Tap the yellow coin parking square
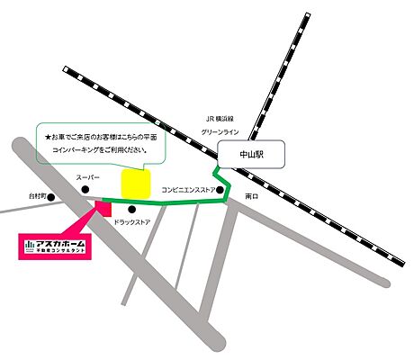[135, 183]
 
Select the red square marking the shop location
[102, 208]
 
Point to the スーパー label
[86, 178]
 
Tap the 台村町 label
[36, 196]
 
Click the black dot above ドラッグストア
[132, 210]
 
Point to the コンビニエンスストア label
[187, 190]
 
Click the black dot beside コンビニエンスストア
[220, 190]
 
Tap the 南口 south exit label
[252, 195]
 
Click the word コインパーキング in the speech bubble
[71, 149]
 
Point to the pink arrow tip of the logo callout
[94, 214]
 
